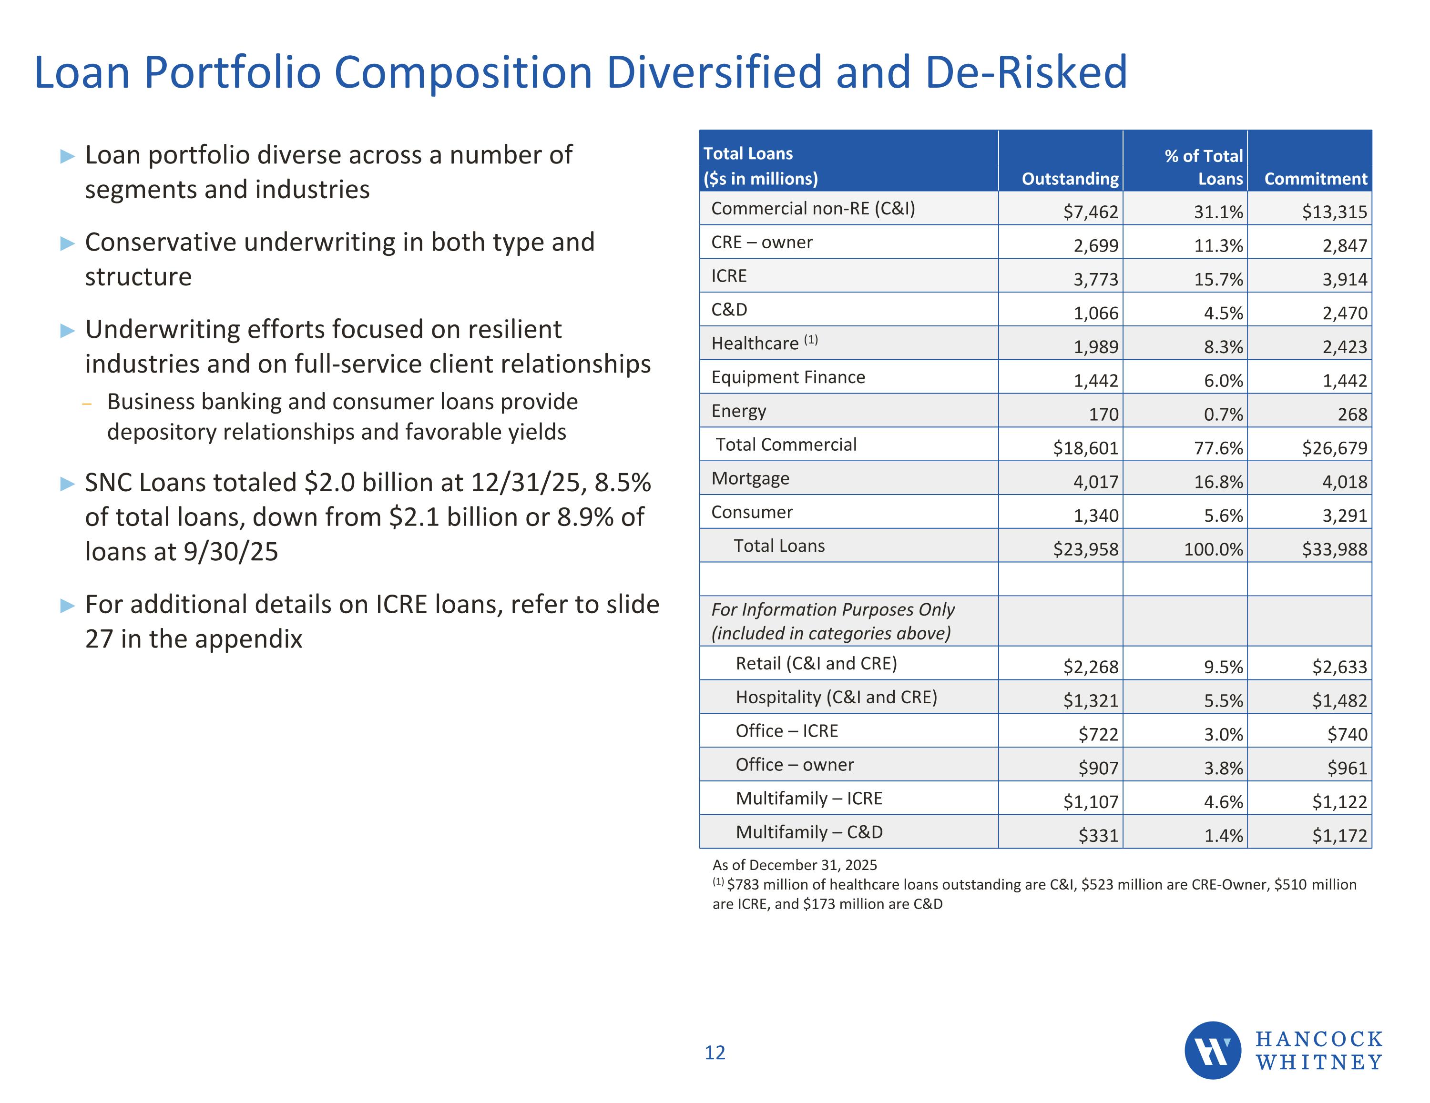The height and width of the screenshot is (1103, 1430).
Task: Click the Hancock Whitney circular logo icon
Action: pyautogui.click(x=1213, y=1050)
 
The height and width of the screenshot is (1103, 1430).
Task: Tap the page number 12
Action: pyautogui.click(x=715, y=1052)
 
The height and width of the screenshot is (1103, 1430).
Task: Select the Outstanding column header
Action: pyautogui.click(x=1070, y=179)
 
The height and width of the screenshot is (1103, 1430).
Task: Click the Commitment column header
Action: pyautogui.click(x=1316, y=179)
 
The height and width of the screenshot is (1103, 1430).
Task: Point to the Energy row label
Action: pyautogui.click(x=738, y=411)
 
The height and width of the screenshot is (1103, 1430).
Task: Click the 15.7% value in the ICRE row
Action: pyautogui.click(x=1218, y=280)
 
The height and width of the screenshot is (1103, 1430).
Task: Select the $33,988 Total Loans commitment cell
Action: pyautogui.click(x=1334, y=549)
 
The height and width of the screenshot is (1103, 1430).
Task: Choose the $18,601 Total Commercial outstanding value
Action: pyautogui.click(x=1085, y=448)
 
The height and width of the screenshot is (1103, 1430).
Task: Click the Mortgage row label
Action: pyautogui.click(x=750, y=478)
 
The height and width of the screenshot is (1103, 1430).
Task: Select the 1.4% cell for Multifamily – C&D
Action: pyautogui.click(x=1223, y=835)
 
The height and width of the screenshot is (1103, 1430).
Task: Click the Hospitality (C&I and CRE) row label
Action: pyautogui.click(x=836, y=697)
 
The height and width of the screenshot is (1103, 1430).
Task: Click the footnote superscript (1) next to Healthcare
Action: pyautogui.click(x=811, y=339)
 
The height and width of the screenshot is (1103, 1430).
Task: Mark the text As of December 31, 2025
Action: pyautogui.click(x=794, y=865)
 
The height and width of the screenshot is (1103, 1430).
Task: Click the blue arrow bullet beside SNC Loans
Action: pyautogui.click(x=67, y=484)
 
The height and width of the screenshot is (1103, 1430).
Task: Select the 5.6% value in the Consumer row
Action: pyautogui.click(x=1223, y=516)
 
